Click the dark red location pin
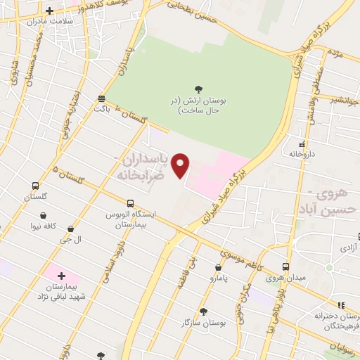coord(181,164)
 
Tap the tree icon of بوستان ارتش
coord(200,89)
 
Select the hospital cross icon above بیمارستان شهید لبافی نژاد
coord(62,276)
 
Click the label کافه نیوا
coord(44,226)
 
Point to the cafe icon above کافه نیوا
coord(44,215)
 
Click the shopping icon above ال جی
coord(72,229)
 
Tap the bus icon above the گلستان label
coord(35,186)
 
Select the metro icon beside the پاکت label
coord(103,98)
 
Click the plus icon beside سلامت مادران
coord(49,11)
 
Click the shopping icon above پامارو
coord(218,267)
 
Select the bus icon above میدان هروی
coord(285,267)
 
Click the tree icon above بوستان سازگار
coord(203,311)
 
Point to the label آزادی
coord(349,248)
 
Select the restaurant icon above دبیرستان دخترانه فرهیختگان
coord(341,304)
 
